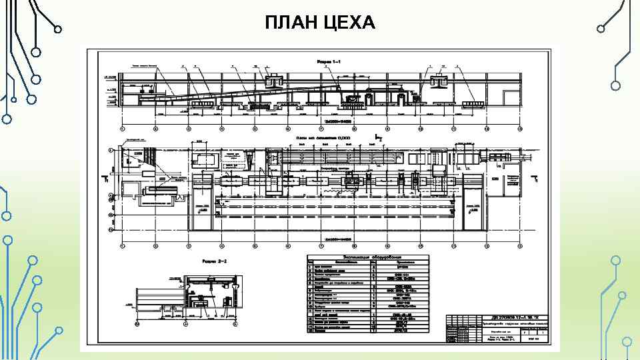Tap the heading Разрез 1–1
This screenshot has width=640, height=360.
[x=328, y=61]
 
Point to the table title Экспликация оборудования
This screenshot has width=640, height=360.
[x=372, y=257]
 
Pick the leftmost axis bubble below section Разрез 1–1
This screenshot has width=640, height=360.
[x=122, y=128]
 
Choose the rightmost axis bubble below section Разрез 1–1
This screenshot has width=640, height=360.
[x=520, y=128]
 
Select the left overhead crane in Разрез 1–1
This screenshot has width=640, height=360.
[x=274, y=81]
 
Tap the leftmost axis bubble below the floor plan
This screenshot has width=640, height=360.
[x=122, y=243]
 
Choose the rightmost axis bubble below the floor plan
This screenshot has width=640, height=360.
[x=520, y=243]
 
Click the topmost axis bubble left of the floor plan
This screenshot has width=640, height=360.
[x=111, y=150]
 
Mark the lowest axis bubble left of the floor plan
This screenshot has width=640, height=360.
[x=111, y=229]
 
